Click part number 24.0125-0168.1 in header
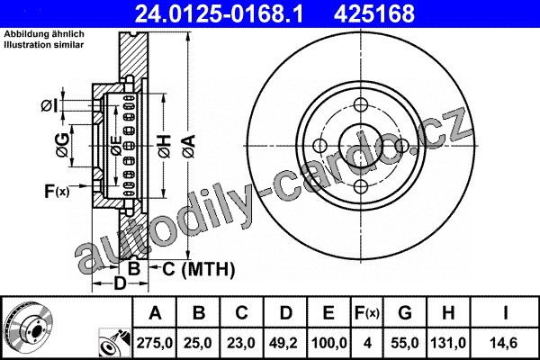pyautogui.click(x=219, y=14)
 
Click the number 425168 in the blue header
pyautogui.click(x=374, y=14)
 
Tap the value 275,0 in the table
pyautogui.click(x=154, y=343)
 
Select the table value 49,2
pyautogui.click(x=284, y=343)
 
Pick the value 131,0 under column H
pyautogui.click(x=448, y=343)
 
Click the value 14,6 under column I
pyautogui.click(x=505, y=343)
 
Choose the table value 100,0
pyautogui.click(x=328, y=343)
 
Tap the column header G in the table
pyautogui.click(x=405, y=313)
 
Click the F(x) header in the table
pyautogui.click(x=367, y=313)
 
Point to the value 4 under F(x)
pyautogui.click(x=367, y=343)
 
